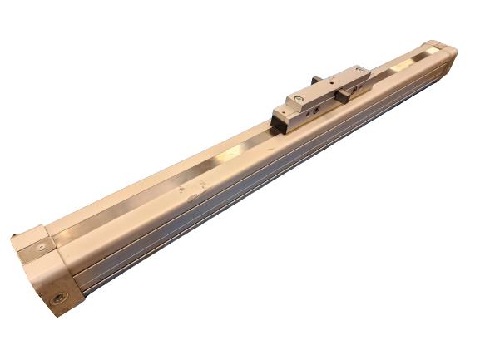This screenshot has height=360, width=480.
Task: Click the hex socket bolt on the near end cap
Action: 58,298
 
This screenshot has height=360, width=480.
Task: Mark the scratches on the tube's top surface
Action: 190,193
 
